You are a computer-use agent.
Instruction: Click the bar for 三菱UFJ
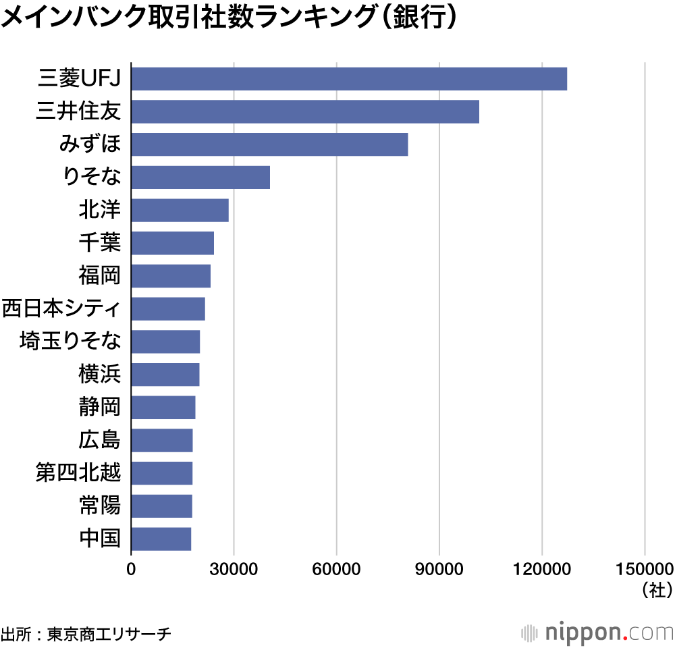[348, 79]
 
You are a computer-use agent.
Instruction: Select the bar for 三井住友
[304, 111]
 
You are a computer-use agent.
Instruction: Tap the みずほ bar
[269, 144]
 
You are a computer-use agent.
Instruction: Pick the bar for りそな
[200, 178]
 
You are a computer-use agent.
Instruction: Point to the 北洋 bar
[180, 211]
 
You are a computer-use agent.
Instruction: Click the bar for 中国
[161, 539]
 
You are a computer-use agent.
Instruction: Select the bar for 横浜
[165, 375]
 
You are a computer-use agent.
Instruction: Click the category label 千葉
[100, 243]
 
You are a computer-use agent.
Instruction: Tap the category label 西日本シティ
[61, 309]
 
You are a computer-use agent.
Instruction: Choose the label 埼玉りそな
[71, 342]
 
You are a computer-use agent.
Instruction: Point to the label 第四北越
[78, 473]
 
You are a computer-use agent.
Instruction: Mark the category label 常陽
[100, 506]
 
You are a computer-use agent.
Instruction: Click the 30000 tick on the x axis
[234, 568]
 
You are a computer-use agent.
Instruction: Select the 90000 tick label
[439, 568]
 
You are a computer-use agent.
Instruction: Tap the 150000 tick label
[645, 568]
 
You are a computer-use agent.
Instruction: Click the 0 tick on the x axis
[131, 568]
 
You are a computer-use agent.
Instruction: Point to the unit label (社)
[657, 589]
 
